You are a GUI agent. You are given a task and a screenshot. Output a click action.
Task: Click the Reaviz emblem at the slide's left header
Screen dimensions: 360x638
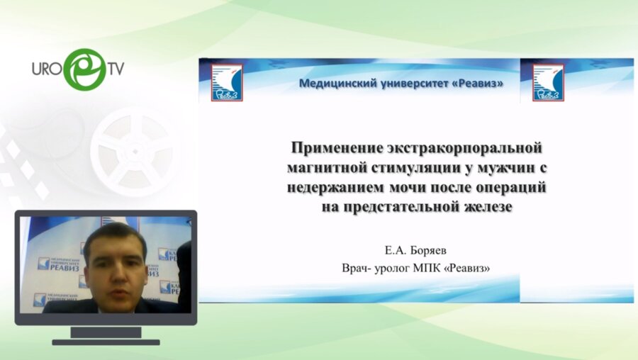tap(227, 83)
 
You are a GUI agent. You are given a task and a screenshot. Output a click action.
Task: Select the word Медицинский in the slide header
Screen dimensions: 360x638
tap(336, 84)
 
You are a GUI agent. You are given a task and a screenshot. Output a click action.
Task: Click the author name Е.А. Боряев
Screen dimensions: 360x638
tap(416, 250)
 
